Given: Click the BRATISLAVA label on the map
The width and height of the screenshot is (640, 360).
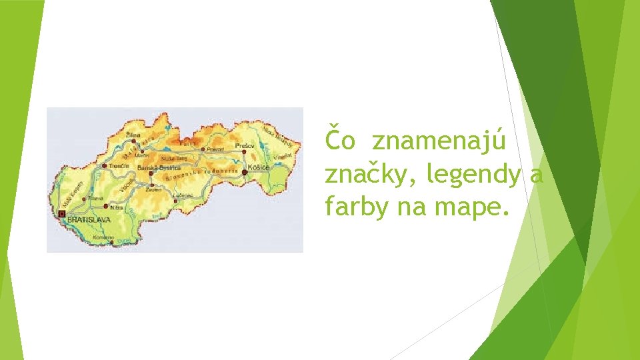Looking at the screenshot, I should click(x=89, y=218).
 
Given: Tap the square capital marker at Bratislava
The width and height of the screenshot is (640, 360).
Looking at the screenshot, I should click(x=62, y=214).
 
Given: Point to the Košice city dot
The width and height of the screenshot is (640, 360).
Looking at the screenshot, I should click(x=245, y=172).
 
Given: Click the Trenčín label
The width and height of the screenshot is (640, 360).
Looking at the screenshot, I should click(x=119, y=165).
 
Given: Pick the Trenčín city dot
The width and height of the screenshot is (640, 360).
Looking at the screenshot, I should click(x=105, y=166).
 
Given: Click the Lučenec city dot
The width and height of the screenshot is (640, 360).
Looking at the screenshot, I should click(x=175, y=200).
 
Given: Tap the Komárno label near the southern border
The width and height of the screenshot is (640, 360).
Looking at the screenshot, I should click(x=104, y=237).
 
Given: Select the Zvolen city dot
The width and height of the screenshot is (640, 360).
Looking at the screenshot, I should click(x=152, y=185).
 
